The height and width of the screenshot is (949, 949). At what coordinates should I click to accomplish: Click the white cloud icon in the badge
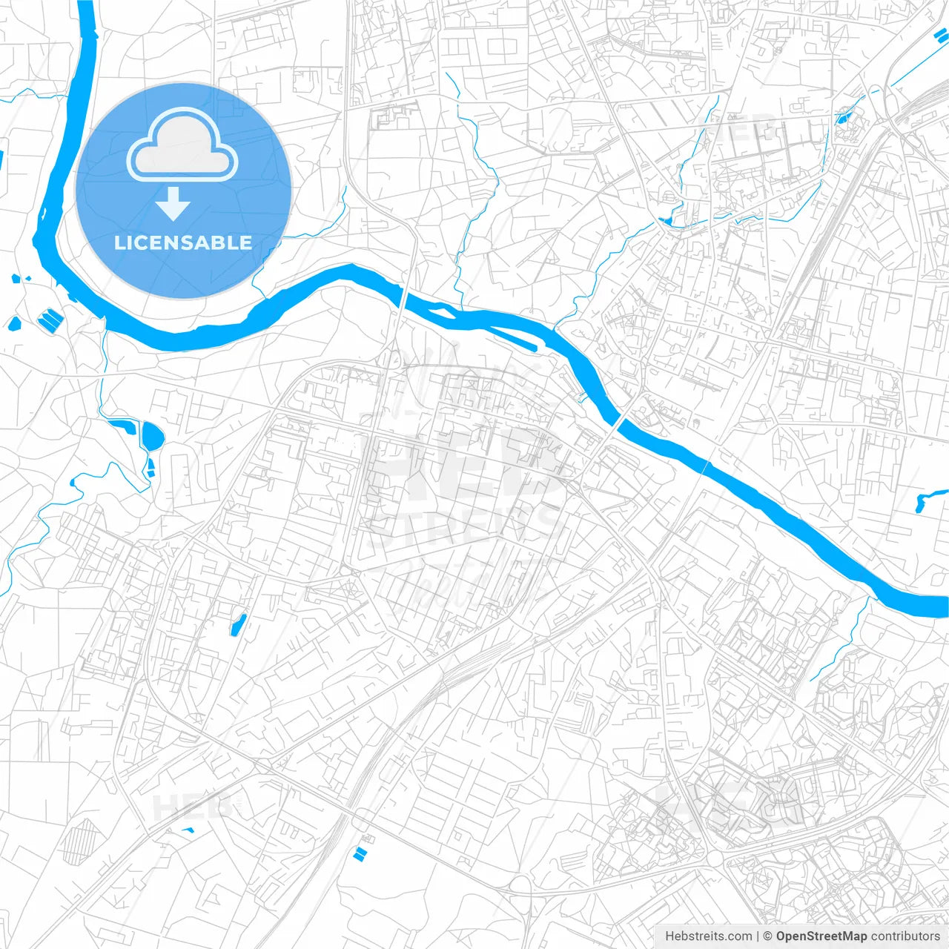coord(182,146)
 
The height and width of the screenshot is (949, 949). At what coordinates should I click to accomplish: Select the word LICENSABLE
coord(183,242)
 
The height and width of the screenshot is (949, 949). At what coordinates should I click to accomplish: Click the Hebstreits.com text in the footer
coord(708,936)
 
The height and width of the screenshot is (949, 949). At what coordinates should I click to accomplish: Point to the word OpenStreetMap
coord(821,936)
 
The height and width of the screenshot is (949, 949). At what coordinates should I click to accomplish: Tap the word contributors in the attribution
coord(905,936)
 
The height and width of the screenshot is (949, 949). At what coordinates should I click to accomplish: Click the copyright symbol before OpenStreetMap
coord(768,936)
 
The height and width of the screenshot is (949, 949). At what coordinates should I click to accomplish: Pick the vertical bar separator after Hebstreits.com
coord(758,936)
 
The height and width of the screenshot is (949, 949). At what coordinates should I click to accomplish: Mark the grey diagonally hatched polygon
coord(79,841)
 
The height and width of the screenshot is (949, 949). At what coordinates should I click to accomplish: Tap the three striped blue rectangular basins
coord(51,320)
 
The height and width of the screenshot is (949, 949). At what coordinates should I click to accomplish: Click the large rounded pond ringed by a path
coord(153,435)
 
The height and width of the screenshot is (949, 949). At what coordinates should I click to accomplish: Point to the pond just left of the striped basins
coord(13,323)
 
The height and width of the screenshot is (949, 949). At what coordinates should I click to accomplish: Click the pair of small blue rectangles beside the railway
coord(361,853)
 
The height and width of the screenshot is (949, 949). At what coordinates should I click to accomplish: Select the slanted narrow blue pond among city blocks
coord(237,625)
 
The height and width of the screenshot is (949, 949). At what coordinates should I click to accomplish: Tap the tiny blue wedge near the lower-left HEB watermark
coord(187,829)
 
